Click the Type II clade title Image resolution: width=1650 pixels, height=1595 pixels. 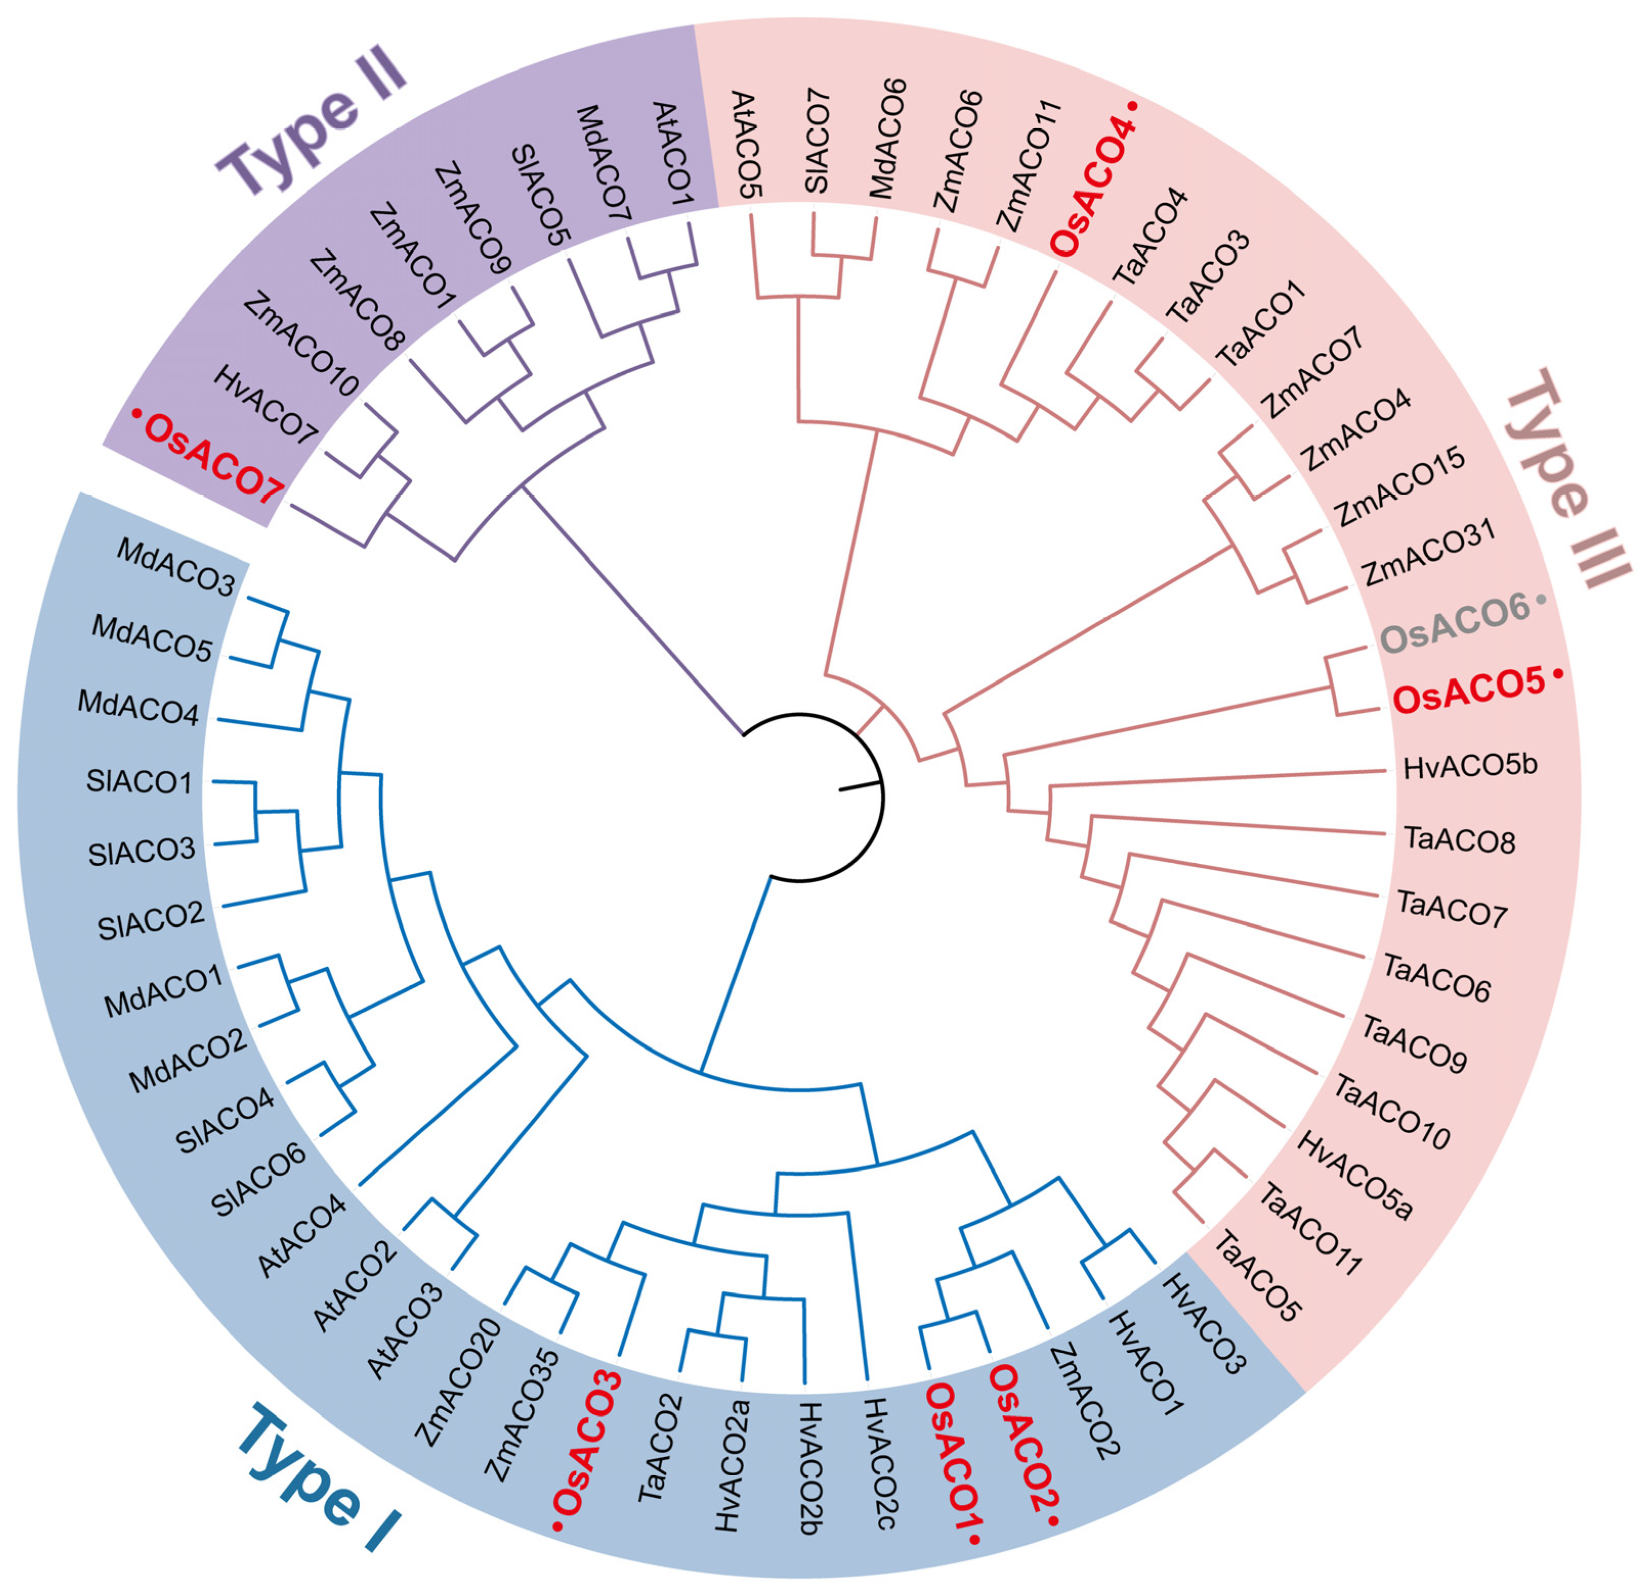[x=312, y=127]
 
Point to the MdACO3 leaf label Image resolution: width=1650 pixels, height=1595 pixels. [x=176, y=567]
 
